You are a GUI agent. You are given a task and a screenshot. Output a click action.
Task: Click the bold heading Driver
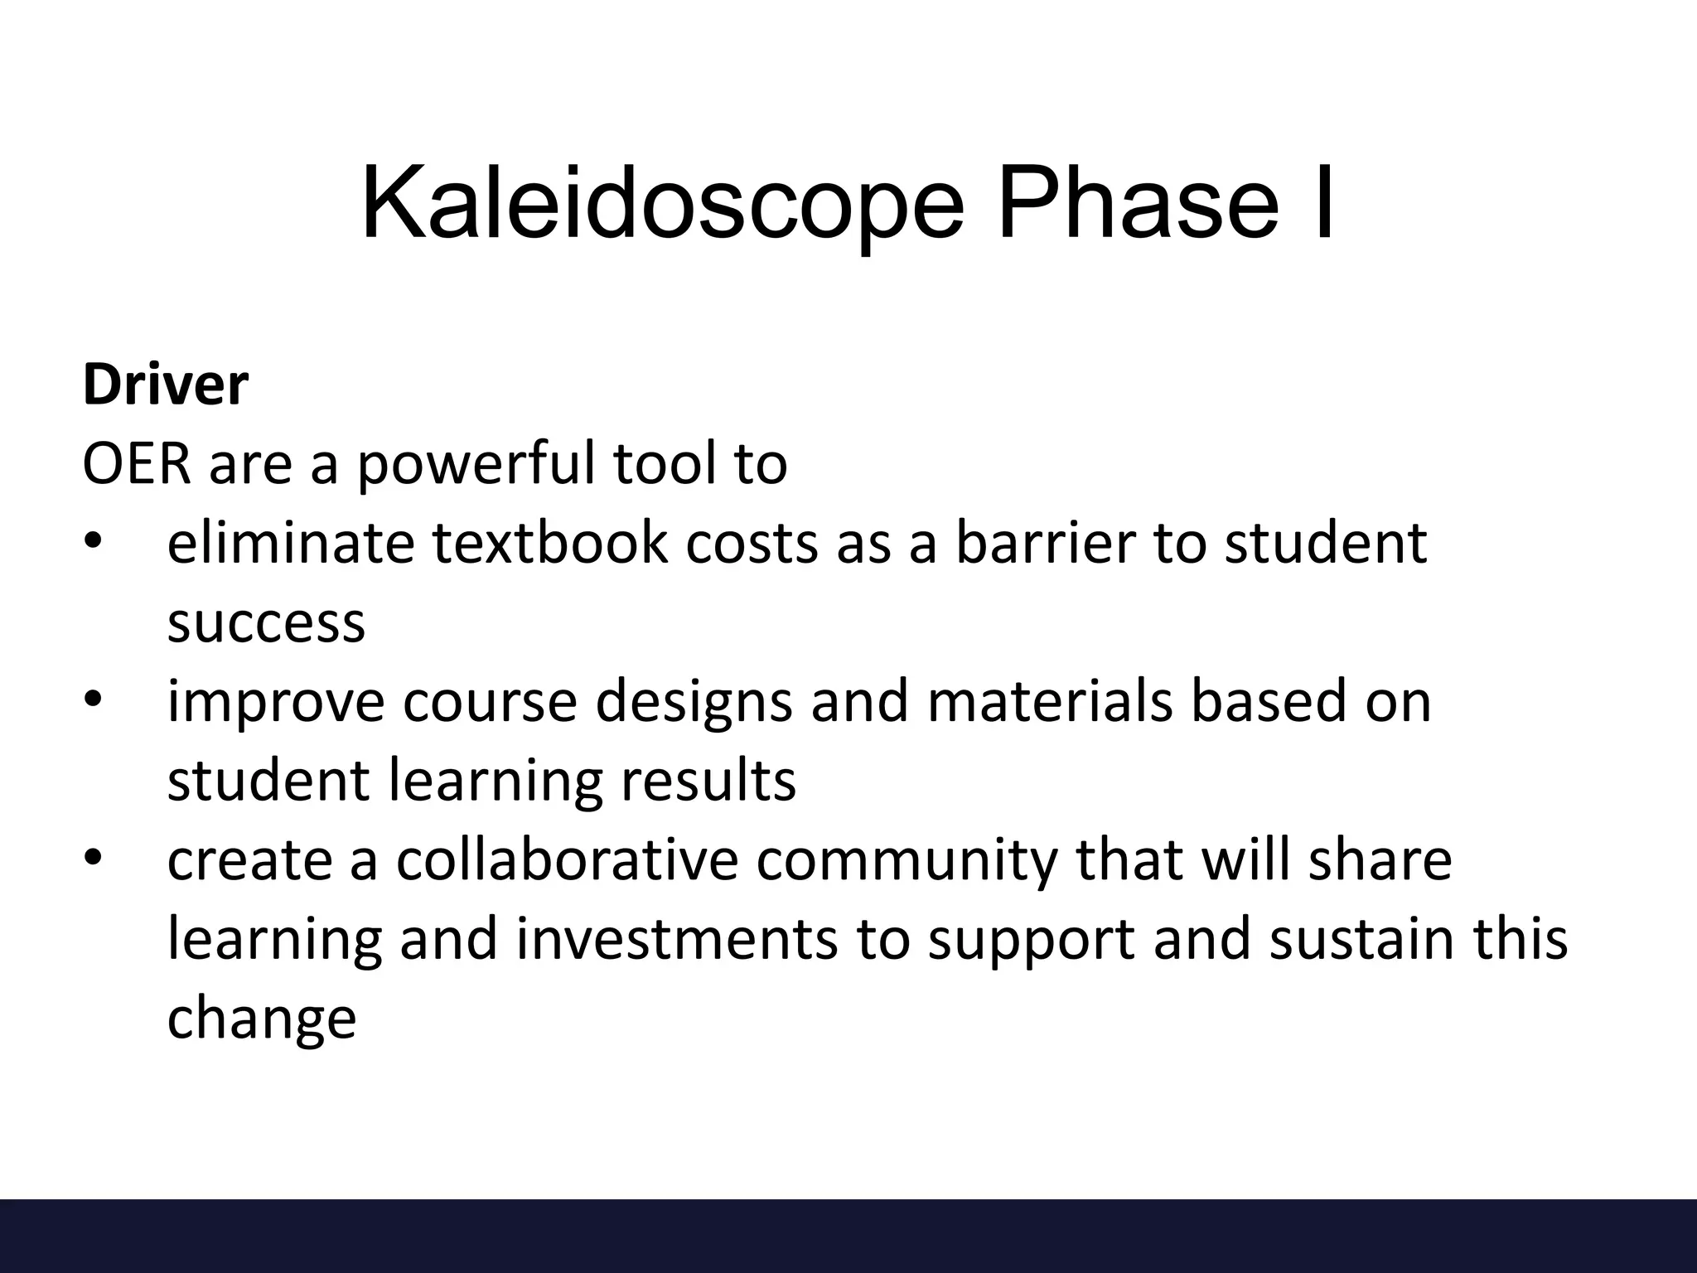click(x=165, y=385)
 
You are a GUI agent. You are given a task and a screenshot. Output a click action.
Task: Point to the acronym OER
click(x=138, y=463)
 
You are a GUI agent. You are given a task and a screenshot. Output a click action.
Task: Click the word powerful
click(x=476, y=465)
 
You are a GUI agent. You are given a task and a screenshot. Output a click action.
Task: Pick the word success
click(x=266, y=623)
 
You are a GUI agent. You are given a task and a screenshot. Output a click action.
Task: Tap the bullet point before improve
click(x=92, y=700)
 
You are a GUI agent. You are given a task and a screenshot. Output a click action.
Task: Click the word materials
click(x=1050, y=701)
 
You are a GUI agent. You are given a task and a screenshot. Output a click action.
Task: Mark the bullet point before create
click(x=92, y=859)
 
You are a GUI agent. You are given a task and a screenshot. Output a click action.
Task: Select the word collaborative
click(x=566, y=859)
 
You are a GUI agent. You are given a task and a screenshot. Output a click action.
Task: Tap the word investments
click(x=677, y=940)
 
